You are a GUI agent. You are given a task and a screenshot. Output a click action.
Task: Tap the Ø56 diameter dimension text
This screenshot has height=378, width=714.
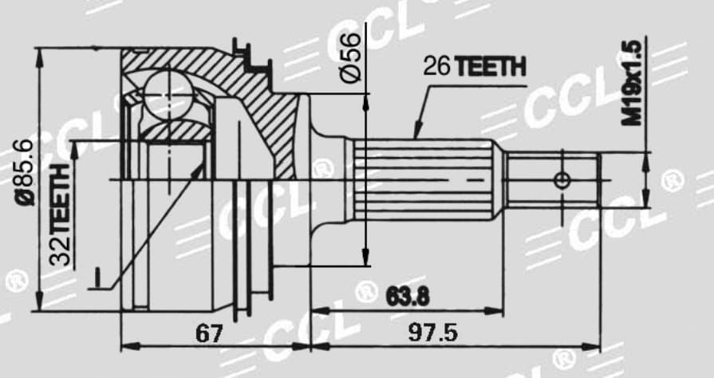(351, 57)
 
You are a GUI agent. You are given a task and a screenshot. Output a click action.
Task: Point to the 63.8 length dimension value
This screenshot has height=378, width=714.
(408, 297)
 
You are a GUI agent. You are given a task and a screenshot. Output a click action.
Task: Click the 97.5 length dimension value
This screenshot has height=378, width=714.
(432, 333)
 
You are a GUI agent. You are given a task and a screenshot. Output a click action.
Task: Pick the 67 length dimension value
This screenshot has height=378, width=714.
(210, 334)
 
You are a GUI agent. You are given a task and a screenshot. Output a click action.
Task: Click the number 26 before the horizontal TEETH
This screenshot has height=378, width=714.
(437, 66)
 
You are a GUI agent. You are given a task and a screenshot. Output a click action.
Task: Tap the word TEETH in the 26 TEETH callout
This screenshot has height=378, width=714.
(491, 66)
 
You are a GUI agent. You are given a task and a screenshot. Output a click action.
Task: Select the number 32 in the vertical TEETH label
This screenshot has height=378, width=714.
(61, 250)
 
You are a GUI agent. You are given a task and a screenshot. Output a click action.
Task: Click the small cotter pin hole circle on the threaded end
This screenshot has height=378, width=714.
(562, 180)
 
